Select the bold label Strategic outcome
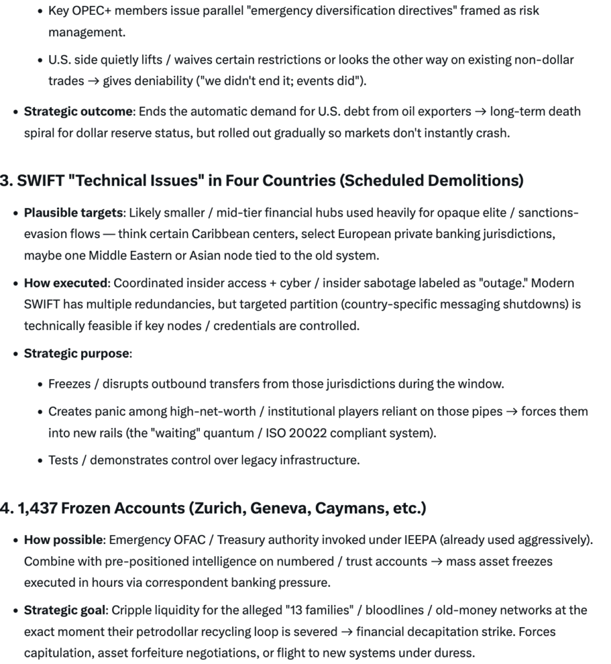(x=78, y=112)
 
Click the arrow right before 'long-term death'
(x=480, y=112)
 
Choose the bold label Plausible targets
(x=73, y=213)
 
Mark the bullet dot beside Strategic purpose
(x=15, y=354)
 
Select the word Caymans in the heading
(x=349, y=508)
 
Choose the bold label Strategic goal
(x=65, y=610)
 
